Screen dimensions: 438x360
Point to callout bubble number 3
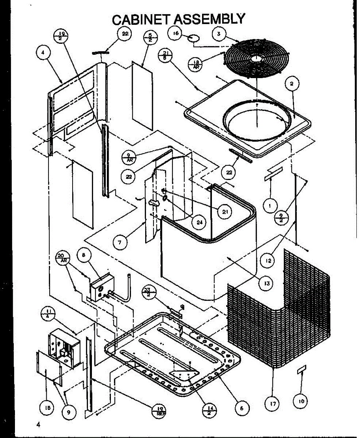tap(218, 34)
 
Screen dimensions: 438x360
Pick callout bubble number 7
tap(119, 242)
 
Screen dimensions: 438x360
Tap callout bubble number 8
tap(84, 256)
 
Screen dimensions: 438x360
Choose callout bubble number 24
tap(199, 222)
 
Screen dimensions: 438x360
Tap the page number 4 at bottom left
tap(38, 424)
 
